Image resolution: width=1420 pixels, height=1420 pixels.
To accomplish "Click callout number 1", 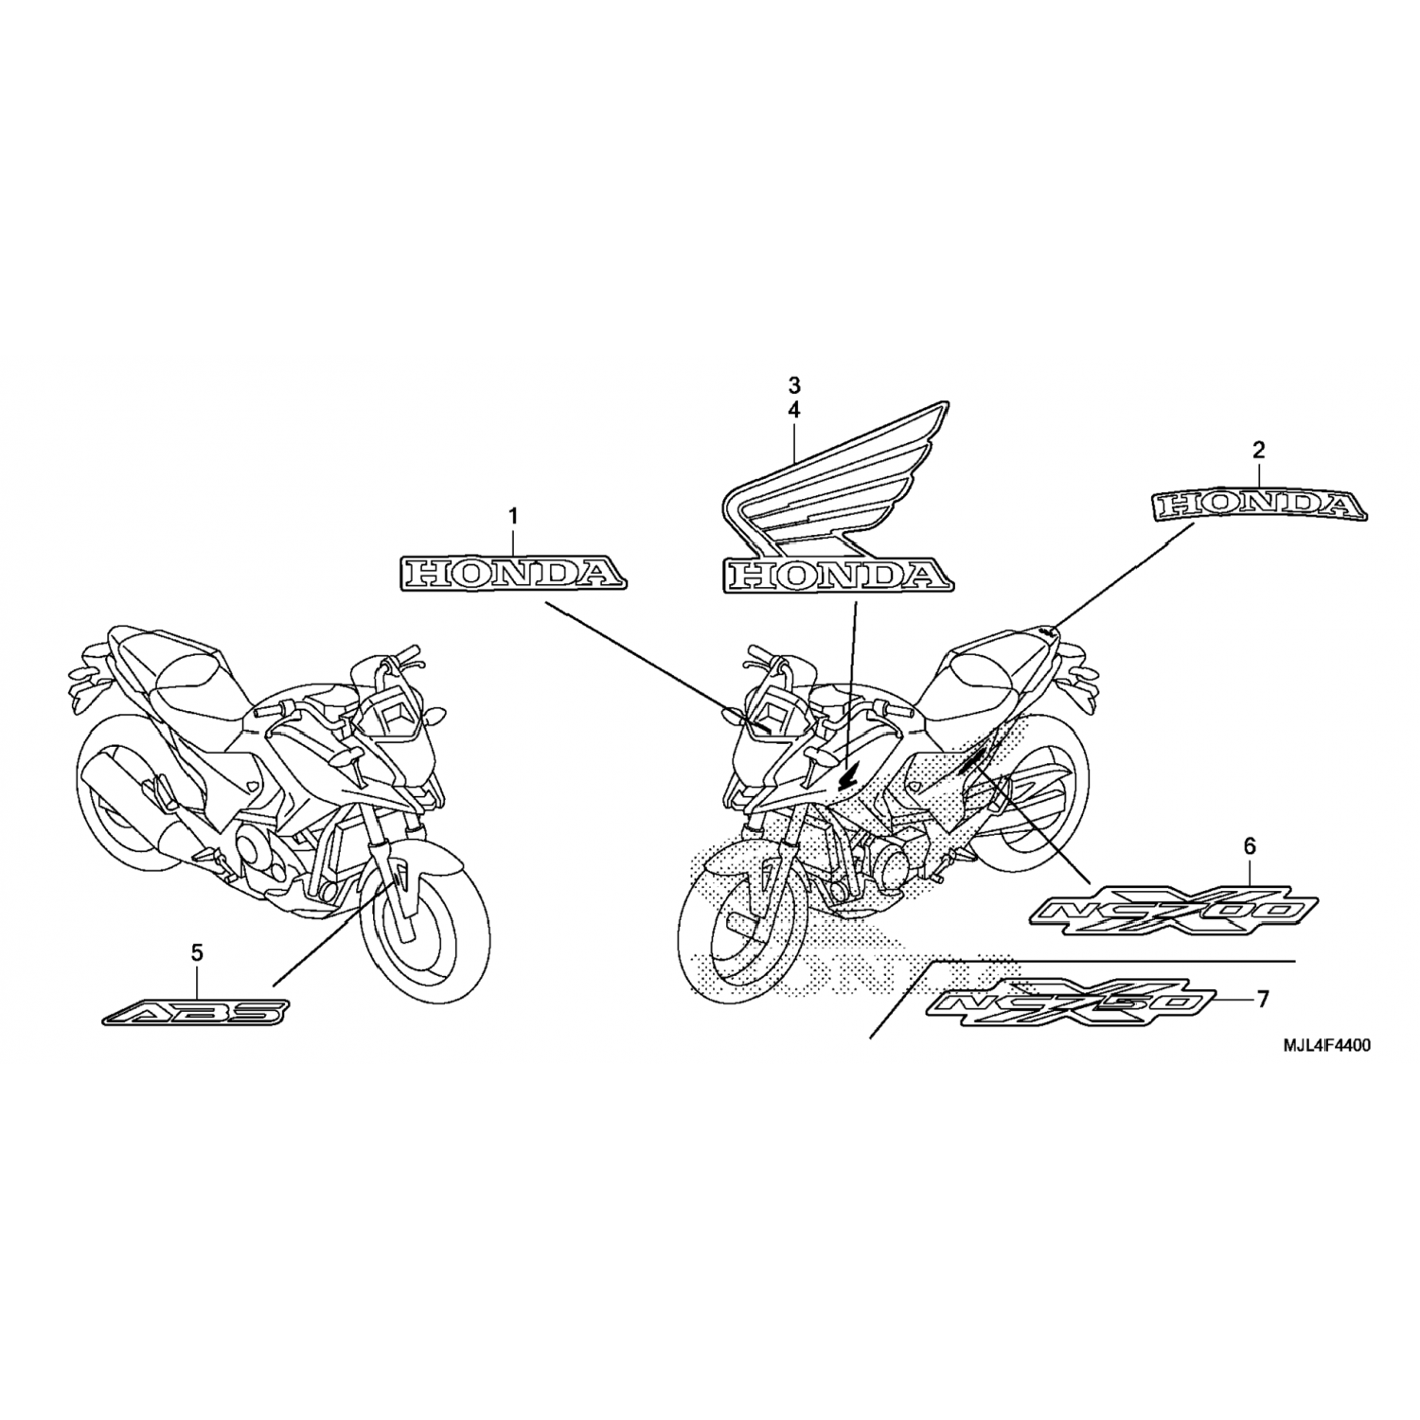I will click(x=513, y=517).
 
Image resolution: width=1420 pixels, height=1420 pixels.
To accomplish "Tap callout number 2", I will click(x=1258, y=451).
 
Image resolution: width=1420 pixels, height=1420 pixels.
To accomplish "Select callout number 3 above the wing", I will click(x=794, y=385).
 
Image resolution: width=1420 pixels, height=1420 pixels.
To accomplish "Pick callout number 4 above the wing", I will click(x=794, y=410).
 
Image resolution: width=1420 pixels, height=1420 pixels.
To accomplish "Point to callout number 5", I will click(x=197, y=953).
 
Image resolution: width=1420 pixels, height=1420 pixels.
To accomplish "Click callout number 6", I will click(x=1250, y=847).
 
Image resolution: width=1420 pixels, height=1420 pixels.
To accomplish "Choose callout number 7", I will click(x=1262, y=999).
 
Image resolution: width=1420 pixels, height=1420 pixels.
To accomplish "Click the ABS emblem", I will click(x=193, y=1014).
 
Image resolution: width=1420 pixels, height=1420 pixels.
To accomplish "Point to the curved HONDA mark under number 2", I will click(x=1259, y=506).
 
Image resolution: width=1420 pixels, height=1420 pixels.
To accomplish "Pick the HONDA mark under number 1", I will click(x=511, y=573).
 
